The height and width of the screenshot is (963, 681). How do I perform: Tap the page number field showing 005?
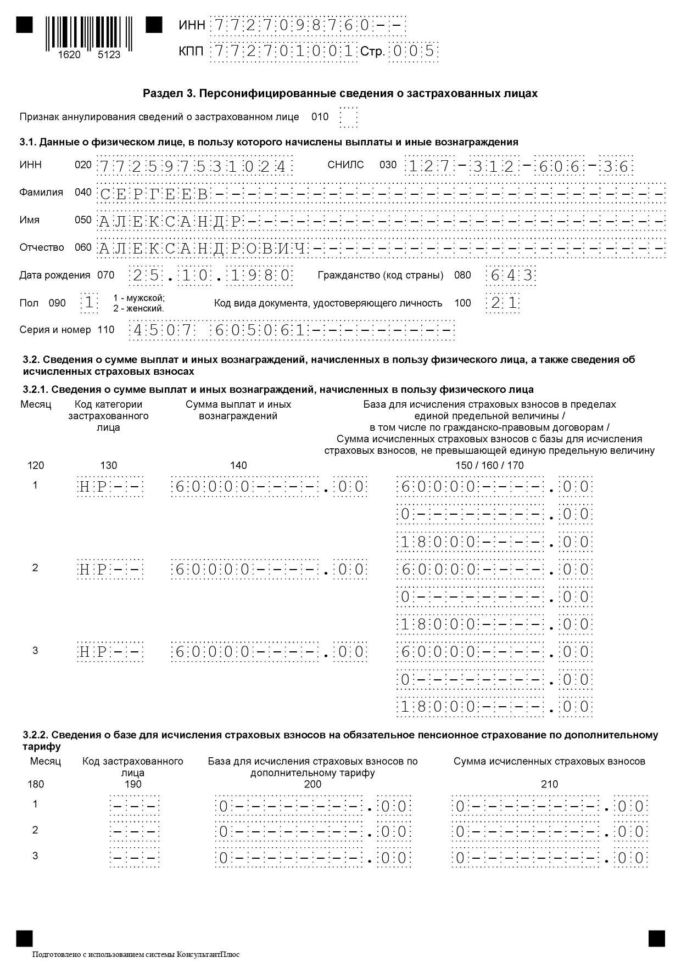pyautogui.click(x=413, y=52)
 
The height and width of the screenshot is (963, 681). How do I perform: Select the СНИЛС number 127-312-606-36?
pyautogui.click(x=518, y=166)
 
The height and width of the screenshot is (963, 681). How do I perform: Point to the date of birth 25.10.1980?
pyautogui.click(x=210, y=275)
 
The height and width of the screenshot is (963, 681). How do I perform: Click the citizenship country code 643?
pyautogui.click(x=511, y=275)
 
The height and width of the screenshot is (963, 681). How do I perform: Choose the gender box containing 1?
pyautogui.click(x=89, y=303)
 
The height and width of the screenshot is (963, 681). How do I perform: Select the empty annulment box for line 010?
pyautogui.click(x=348, y=117)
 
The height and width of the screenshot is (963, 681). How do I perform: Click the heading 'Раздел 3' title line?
pyautogui.click(x=340, y=93)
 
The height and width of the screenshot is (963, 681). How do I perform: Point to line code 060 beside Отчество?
pyautogui.click(x=83, y=247)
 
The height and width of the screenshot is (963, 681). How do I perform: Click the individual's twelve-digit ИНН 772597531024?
pyautogui.click(x=194, y=166)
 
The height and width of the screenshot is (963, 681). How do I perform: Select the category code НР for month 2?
pyautogui.click(x=110, y=570)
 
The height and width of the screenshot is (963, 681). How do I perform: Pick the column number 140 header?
pyautogui.click(x=238, y=465)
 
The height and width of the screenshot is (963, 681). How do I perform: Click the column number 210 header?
pyautogui.click(x=549, y=784)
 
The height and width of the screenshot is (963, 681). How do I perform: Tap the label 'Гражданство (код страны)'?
pyautogui.click(x=381, y=275)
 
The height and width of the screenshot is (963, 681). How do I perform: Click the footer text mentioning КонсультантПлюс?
pyautogui.click(x=136, y=954)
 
